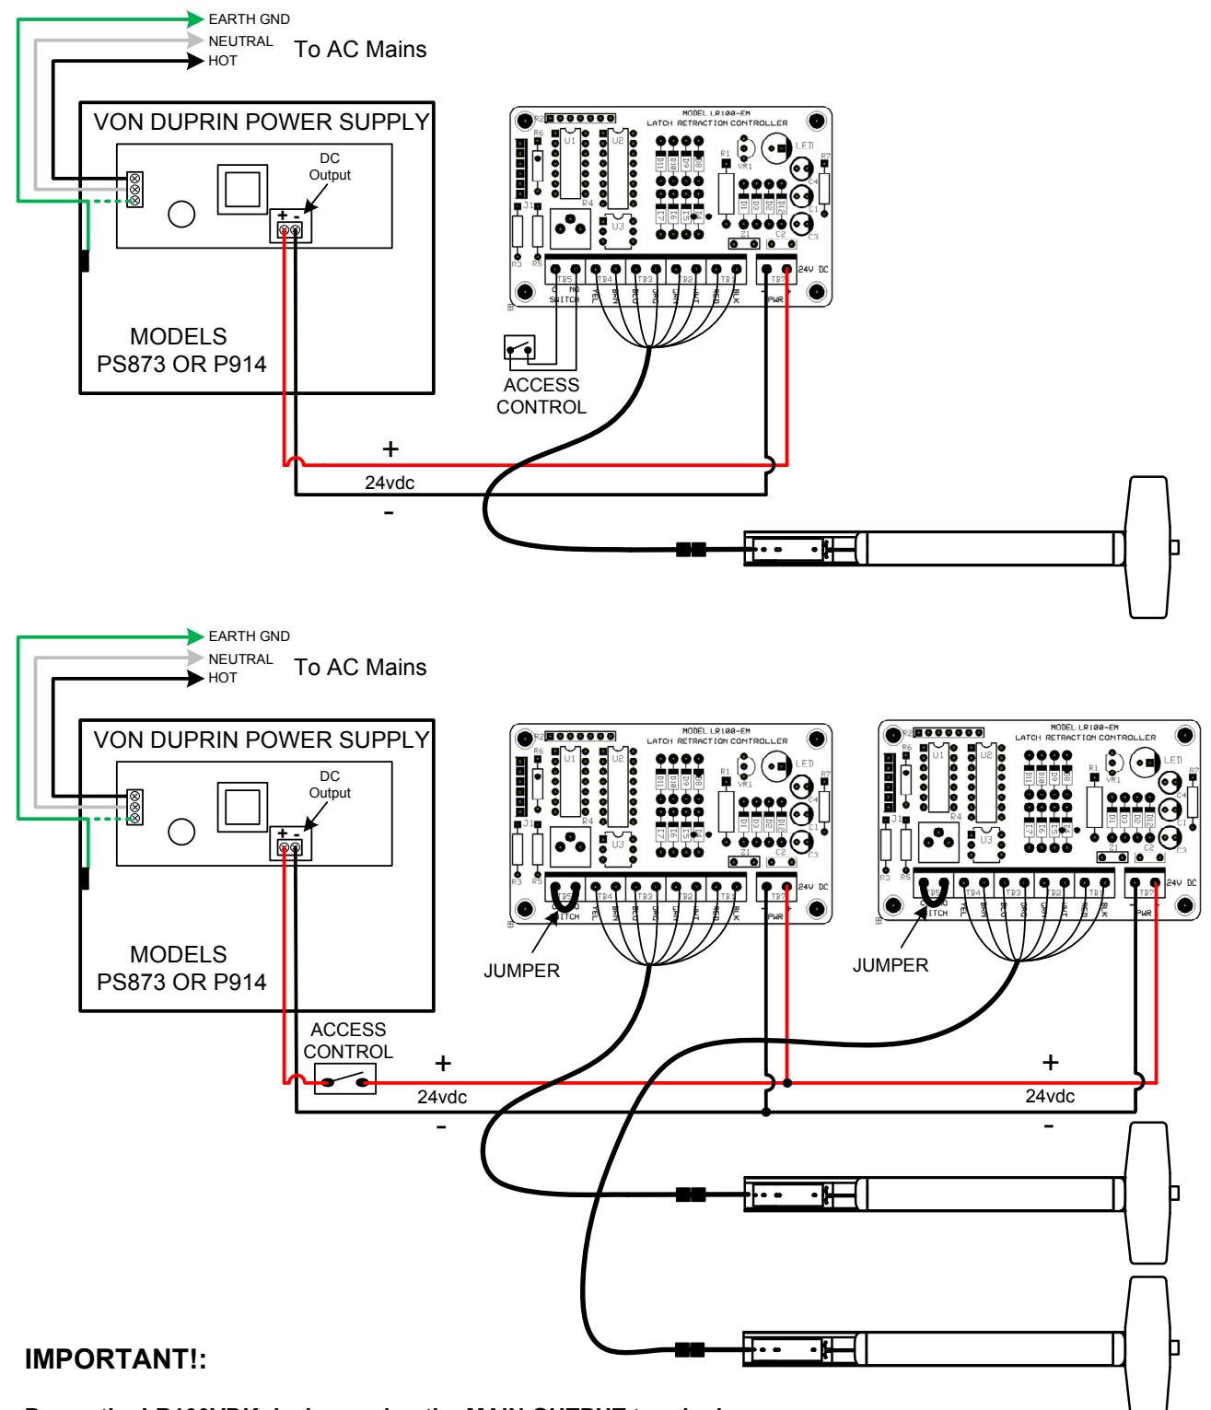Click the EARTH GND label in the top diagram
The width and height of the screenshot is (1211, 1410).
pyautogui.click(x=249, y=18)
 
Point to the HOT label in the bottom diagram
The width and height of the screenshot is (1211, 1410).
pyautogui.click(x=223, y=678)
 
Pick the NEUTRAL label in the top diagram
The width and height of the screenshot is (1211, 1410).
pyautogui.click(x=240, y=41)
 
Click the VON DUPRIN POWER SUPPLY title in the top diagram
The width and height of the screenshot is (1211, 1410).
pyautogui.click(x=262, y=121)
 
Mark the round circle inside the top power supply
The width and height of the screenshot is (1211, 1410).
pyautogui.click(x=182, y=214)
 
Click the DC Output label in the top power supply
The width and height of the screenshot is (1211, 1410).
pyautogui.click(x=330, y=167)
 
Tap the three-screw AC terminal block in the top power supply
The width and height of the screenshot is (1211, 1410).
pyautogui.click(x=135, y=189)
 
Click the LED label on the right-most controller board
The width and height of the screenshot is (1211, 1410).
pyautogui.click(x=1174, y=760)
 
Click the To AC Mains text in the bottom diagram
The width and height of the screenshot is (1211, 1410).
pyautogui.click(x=360, y=667)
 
